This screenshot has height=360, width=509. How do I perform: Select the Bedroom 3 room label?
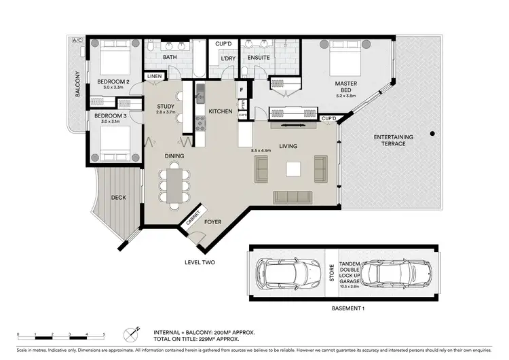[110, 116]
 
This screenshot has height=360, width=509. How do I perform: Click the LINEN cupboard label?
[154, 76]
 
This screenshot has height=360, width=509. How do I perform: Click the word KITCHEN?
[221, 111]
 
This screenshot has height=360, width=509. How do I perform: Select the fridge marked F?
[241, 88]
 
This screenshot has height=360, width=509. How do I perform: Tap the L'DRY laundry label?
[228, 58]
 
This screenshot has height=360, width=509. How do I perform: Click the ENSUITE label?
[259, 58]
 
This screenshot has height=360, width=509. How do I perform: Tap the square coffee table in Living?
[293, 168]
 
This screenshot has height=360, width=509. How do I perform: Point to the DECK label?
[118, 198]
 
